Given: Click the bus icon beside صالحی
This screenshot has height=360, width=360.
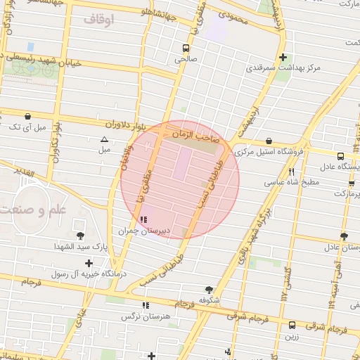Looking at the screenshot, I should (186, 49).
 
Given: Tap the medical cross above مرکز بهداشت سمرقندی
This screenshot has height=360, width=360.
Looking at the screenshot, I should (283, 58).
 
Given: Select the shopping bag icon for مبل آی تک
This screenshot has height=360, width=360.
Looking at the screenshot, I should (27, 117).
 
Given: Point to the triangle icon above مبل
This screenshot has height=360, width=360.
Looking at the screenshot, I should (104, 139).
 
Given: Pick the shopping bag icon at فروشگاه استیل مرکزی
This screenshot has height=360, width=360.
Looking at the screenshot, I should (269, 141).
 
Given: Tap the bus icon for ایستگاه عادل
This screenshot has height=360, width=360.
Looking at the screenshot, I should (340, 156).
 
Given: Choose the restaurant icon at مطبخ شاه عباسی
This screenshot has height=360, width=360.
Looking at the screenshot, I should (290, 171).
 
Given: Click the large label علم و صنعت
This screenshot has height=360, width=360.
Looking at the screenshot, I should (34, 210).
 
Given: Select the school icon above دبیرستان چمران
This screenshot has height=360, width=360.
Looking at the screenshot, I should (145, 219).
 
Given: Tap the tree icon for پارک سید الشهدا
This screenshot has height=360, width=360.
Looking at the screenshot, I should (80, 236).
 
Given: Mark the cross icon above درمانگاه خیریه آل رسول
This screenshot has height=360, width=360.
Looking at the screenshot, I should (89, 262).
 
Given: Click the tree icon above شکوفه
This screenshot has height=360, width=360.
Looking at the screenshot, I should (209, 289).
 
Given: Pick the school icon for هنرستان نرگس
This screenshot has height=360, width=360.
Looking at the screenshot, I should (146, 306).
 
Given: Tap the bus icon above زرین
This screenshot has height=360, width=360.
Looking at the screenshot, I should (292, 325).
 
